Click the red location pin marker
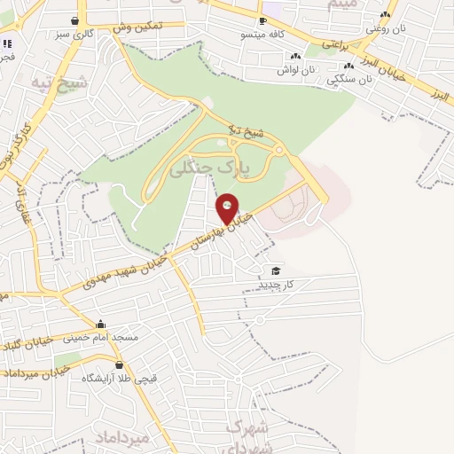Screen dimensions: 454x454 pyautogui.click(x=228, y=207)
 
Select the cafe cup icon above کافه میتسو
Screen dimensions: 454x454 pyautogui.click(x=262, y=20)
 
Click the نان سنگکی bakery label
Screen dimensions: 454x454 pyautogui.click(x=349, y=78)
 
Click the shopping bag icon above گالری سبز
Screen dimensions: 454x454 pyautogui.click(x=74, y=20)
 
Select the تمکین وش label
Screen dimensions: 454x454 pyautogui.click(x=137, y=27)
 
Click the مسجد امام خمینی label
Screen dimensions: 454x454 pyautogui.click(x=101, y=338)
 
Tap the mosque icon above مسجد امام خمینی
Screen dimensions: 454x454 pyautogui.click(x=101, y=325)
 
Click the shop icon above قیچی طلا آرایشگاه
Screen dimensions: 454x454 pyautogui.click(x=120, y=364)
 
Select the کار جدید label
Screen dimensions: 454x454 pyautogui.click(x=276, y=284)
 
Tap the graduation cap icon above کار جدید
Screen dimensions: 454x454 pyautogui.click(x=276, y=270)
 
